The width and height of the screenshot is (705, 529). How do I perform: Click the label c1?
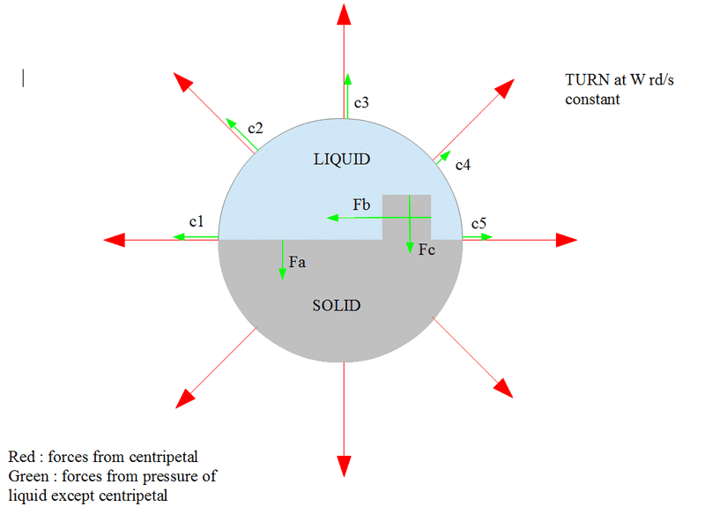196,222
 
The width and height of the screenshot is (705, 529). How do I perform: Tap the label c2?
255,129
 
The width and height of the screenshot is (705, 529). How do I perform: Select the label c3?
361,104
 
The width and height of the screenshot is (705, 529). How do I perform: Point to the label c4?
463,165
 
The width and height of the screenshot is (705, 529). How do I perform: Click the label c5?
479,223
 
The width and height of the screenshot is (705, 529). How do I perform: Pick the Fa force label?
297,261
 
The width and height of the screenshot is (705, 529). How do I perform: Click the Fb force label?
360,205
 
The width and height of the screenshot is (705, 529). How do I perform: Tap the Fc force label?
427,250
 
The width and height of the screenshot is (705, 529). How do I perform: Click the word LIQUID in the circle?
342,160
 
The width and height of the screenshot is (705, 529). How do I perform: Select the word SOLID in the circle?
337,306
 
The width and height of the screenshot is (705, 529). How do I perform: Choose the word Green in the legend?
27,476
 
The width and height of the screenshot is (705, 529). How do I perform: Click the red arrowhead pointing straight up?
343,13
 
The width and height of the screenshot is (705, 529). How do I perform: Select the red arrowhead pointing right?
566,239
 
